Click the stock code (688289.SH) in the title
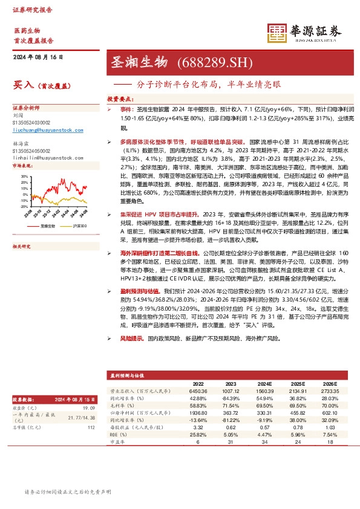(x=208, y=62)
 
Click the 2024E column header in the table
(x=264, y=383)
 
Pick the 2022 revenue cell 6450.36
(x=198, y=392)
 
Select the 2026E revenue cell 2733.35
(x=329, y=392)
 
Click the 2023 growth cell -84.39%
(x=231, y=399)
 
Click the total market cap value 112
(x=91, y=427)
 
